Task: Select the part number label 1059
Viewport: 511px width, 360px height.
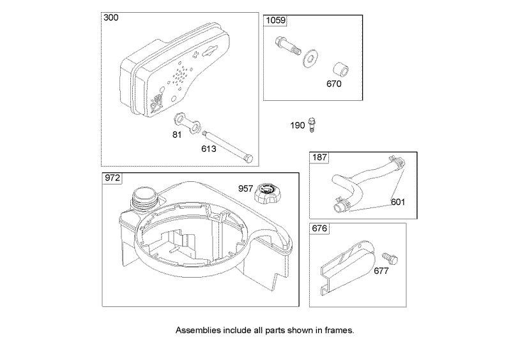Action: [275, 21]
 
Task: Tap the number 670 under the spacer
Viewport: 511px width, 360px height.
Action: [334, 84]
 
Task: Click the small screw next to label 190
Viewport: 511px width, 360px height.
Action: [312, 124]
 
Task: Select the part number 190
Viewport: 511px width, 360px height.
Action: [298, 126]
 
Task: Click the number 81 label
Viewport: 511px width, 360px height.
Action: [177, 135]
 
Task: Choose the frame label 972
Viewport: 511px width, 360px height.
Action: [112, 179]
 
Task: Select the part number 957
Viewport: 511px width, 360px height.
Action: [246, 188]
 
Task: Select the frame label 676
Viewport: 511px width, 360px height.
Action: [319, 229]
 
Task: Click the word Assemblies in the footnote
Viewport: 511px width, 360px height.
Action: [199, 331]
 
